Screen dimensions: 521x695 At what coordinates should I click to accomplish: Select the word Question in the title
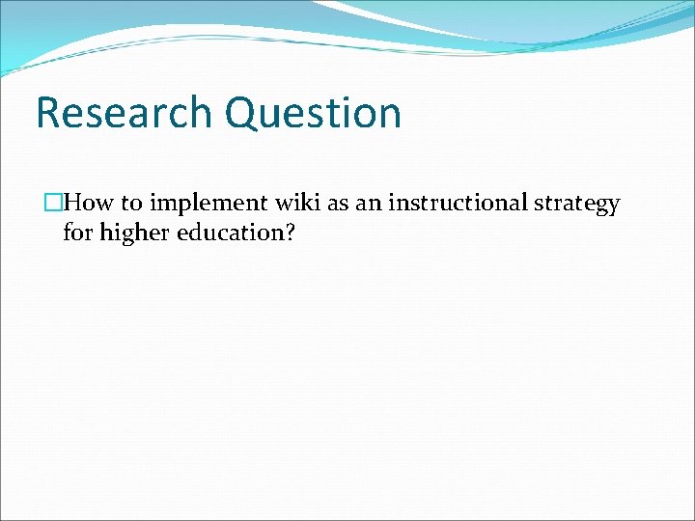(313, 112)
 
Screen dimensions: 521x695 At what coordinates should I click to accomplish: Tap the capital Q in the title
(243, 112)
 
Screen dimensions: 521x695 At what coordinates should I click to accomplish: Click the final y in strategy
(613, 206)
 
